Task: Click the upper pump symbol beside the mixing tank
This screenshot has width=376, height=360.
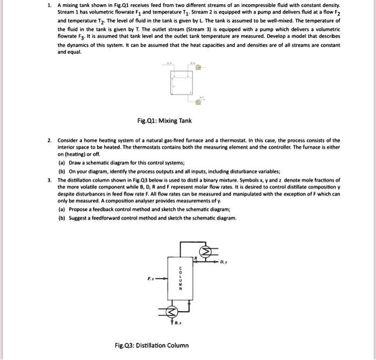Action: pyautogui.click(x=198, y=68)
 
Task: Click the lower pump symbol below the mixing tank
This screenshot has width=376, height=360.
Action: pyautogui.click(x=198, y=101)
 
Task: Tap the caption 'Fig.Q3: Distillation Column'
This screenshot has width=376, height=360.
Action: pyautogui.click(x=152, y=346)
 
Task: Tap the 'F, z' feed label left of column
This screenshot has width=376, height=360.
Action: pyautogui.click(x=150, y=279)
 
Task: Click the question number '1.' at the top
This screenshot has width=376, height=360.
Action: pyautogui.click(x=49, y=5)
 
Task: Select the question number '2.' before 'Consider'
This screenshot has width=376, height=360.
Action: pyautogui.click(x=49, y=140)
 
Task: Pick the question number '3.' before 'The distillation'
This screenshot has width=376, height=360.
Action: pyautogui.click(x=49, y=180)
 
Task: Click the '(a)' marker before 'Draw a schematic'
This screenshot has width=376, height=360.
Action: pyautogui.click(x=62, y=162)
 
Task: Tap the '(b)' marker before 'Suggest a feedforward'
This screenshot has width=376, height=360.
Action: pyautogui.click(x=62, y=218)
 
